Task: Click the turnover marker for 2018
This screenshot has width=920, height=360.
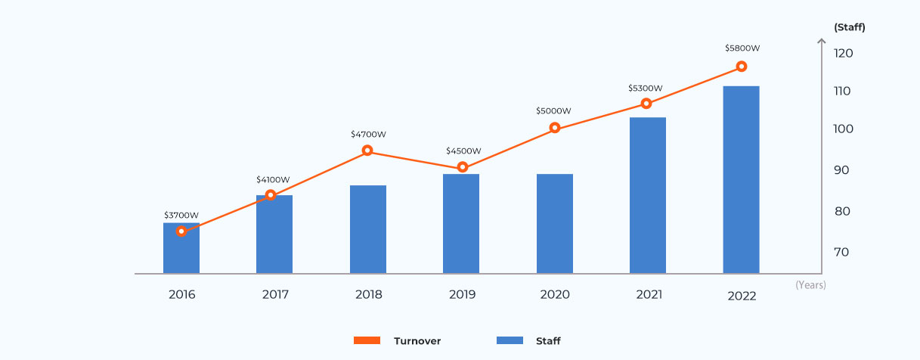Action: point(367,151)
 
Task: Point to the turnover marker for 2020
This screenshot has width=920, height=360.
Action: point(555,128)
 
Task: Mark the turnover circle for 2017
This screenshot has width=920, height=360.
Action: point(271,195)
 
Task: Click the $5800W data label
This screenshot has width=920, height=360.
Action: point(742,48)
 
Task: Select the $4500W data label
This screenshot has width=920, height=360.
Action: point(463,151)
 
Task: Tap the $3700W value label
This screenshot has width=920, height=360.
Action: point(181,215)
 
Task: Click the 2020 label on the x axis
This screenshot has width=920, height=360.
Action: point(555,294)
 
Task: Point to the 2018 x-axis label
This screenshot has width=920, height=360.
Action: point(368,294)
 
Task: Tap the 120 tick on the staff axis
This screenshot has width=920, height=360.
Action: point(844,53)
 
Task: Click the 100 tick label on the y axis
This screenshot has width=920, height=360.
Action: point(844,129)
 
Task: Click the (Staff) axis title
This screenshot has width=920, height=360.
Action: point(849,27)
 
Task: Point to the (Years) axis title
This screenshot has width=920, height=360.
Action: point(810,285)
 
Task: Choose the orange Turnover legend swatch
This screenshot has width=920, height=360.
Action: point(367,340)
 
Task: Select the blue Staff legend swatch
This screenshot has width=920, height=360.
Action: point(510,340)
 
